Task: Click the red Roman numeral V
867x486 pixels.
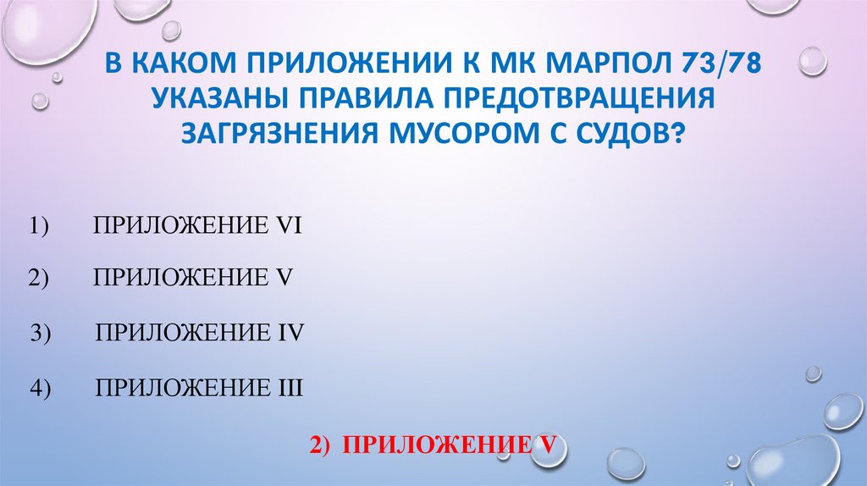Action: (x=547, y=445)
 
